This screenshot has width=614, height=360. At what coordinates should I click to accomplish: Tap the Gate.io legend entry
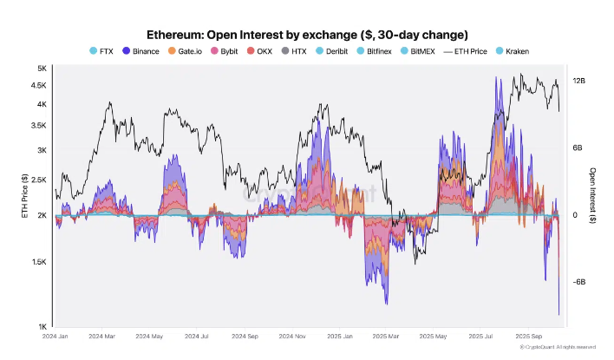(190, 51)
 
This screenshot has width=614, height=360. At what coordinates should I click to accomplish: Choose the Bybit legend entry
(234, 51)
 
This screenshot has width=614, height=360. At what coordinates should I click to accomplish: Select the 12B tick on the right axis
(579, 80)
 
